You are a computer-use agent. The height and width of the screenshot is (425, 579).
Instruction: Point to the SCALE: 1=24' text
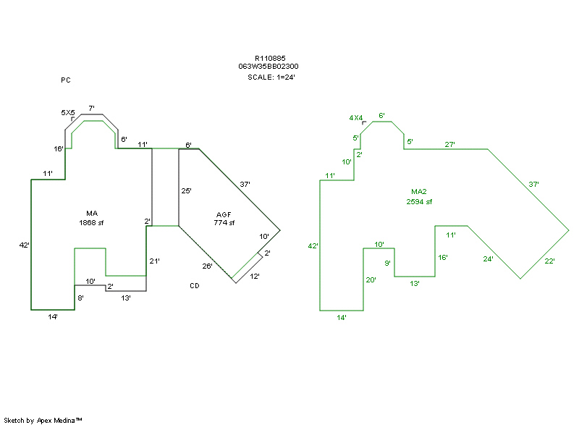(x=271, y=77)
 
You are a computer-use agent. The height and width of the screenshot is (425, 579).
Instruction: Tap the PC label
(x=65, y=80)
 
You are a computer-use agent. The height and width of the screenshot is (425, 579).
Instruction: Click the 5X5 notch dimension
(x=68, y=113)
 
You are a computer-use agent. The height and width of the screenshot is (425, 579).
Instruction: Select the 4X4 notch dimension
(x=355, y=117)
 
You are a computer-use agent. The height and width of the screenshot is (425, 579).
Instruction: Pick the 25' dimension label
(x=186, y=191)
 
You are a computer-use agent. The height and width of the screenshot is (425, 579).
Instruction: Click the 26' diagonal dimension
(x=207, y=266)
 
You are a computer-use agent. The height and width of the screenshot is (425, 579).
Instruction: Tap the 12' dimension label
(x=255, y=277)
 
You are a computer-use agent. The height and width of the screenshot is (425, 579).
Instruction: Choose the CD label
(x=195, y=286)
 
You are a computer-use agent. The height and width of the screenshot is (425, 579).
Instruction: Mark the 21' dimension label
(x=154, y=261)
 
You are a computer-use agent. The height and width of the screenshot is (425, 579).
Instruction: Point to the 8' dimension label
(x=80, y=298)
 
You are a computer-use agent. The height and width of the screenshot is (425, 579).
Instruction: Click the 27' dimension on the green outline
(x=449, y=145)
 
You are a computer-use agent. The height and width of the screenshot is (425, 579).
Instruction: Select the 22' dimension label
(x=549, y=261)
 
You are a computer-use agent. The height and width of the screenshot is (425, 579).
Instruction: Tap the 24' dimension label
(x=489, y=258)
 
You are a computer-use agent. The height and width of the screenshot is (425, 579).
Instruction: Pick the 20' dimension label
(x=371, y=279)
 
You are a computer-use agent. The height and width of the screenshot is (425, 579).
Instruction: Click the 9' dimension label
(x=387, y=263)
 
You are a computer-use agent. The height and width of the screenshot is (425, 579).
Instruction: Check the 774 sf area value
(x=224, y=223)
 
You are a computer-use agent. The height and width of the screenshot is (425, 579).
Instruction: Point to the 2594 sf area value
(x=419, y=201)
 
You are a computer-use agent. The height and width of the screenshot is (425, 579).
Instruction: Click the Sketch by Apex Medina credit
(x=43, y=420)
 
